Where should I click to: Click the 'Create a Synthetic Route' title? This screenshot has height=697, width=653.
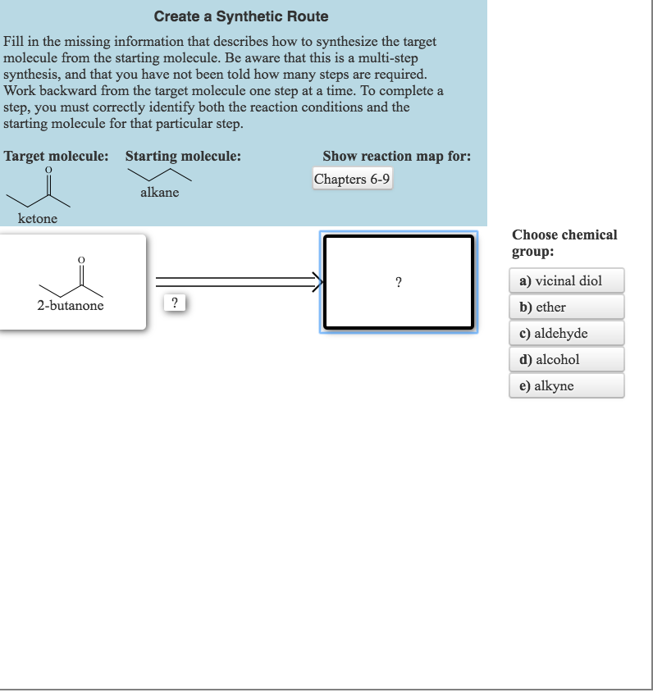[241, 16]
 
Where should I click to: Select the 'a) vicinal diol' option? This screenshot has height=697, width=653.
[566, 280]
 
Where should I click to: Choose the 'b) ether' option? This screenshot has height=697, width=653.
[566, 307]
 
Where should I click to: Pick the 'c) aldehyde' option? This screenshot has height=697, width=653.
[566, 333]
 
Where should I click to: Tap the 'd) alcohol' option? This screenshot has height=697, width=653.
[566, 359]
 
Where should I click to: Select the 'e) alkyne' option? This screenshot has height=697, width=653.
[566, 385]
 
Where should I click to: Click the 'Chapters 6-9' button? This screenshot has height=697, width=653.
[352, 179]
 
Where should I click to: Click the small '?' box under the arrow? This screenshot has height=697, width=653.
[174, 303]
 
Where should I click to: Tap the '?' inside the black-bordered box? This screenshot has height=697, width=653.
[398, 283]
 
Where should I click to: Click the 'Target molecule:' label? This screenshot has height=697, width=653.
[56, 156]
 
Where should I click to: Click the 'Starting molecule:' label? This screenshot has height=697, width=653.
[183, 156]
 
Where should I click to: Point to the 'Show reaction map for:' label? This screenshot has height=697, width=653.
[396, 156]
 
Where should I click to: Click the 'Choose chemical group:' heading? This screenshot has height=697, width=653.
[564, 243]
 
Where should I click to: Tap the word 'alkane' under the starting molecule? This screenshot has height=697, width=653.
[159, 193]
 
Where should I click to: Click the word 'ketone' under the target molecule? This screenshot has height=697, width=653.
[38, 218]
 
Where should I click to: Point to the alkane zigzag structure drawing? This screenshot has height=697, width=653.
[159, 175]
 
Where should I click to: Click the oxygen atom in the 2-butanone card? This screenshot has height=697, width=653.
[80, 261]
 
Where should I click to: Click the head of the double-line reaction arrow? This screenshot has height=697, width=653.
[317, 283]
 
